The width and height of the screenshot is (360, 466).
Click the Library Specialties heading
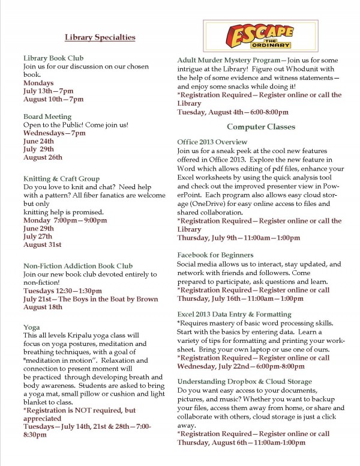coord(99,37)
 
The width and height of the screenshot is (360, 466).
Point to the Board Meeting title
coord(47,116)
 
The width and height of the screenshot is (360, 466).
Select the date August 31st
coord(42,228)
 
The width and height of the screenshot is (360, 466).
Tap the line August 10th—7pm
coord(53,98)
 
